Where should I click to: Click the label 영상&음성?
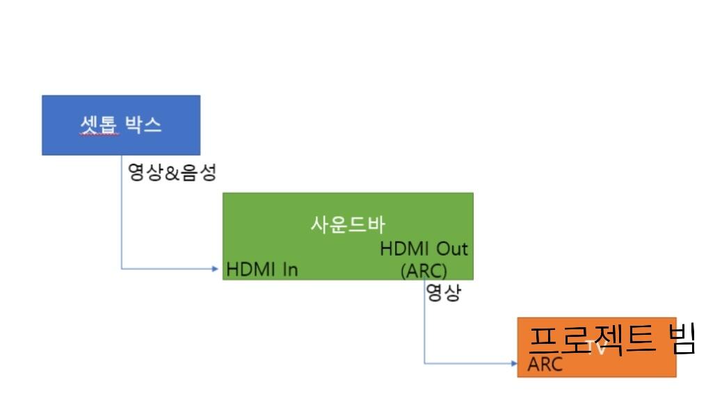tap(173, 172)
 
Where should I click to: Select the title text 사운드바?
tap(348, 225)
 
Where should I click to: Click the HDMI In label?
tap(262, 270)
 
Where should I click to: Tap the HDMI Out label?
tap(424, 249)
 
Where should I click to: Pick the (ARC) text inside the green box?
tap(424, 270)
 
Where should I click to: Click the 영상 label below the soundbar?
tap(442, 292)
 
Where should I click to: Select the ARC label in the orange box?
tap(545, 365)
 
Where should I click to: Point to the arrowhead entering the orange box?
tap(513, 363)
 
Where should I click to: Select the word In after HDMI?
tap(289, 270)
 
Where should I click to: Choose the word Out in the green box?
tap(451, 249)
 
